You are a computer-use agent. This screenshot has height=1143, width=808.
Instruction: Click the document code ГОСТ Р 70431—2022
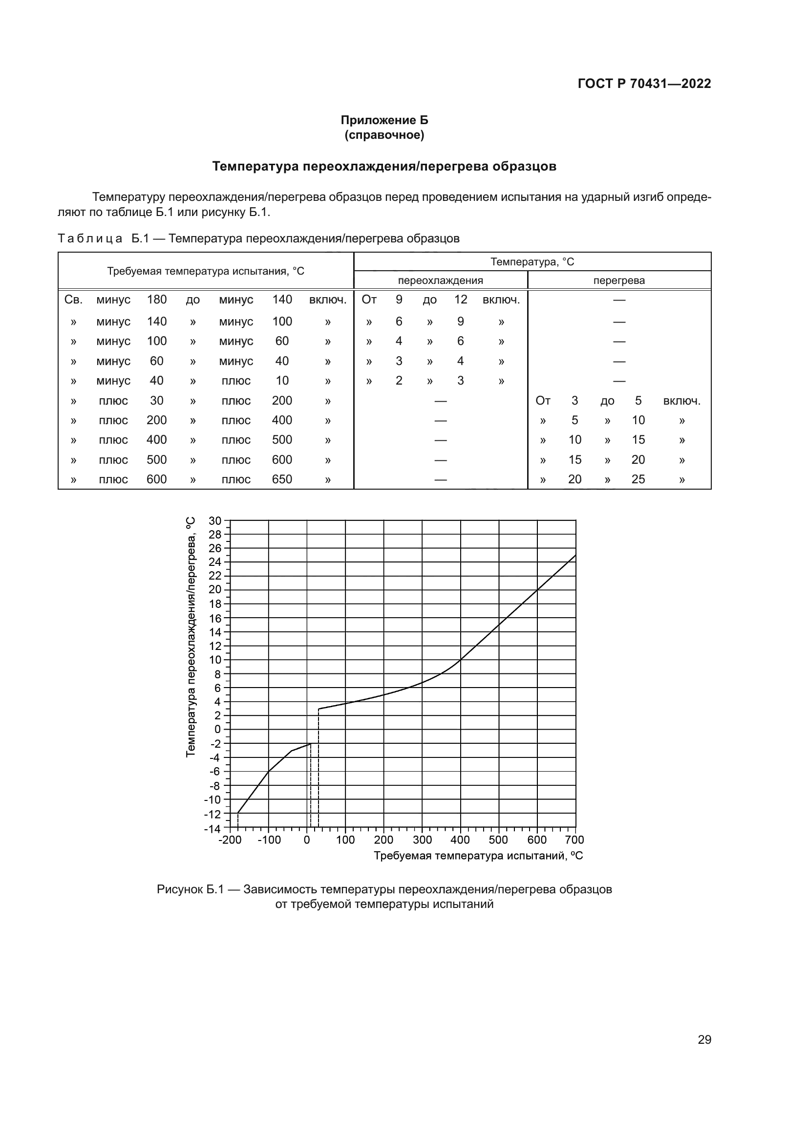coord(644,84)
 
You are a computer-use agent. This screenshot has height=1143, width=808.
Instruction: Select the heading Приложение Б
coord(384,120)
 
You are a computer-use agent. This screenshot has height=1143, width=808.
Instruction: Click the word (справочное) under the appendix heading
coord(384,135)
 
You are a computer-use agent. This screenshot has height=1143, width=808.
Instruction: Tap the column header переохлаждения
coord(440,280)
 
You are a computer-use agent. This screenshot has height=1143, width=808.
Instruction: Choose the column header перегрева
coord(619,280)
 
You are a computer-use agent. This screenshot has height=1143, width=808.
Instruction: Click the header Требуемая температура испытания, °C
coord(206,271)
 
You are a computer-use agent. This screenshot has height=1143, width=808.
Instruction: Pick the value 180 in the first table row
coord(157,300)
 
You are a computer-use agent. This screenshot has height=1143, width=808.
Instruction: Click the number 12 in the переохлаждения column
coord(461,300)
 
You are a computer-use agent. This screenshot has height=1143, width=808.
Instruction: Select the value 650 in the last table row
coord(281,479)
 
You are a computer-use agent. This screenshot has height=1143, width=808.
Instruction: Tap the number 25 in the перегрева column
coord(638,479)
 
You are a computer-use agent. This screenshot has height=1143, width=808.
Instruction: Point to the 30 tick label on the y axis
coord(215,521)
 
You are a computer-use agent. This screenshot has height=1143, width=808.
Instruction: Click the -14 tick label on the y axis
coord(213,829)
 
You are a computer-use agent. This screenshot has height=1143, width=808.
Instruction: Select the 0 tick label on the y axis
coord(217,729)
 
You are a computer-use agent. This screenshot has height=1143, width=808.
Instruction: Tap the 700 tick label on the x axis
coord(574,841)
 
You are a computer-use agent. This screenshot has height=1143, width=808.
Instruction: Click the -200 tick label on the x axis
coord(230,841)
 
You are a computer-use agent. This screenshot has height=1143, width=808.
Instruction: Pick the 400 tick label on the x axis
coord(460,841)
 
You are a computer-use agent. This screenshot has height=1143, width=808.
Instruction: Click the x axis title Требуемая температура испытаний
coord(478,856)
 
